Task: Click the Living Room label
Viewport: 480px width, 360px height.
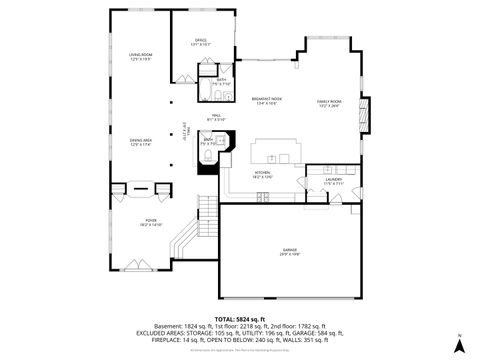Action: coord(139,56)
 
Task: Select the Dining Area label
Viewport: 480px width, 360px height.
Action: coord(139,142)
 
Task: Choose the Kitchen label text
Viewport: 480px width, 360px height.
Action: coord(262,175)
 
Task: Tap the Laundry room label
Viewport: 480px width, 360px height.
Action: coord(333,181)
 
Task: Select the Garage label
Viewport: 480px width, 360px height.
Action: coord(288,251)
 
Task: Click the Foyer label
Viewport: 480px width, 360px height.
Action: coord(150,222)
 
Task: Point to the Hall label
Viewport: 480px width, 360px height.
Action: coord(216,117)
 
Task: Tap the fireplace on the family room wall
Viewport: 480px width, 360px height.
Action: coord(365,112)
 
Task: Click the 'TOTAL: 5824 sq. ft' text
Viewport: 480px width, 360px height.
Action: coord(239,317)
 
